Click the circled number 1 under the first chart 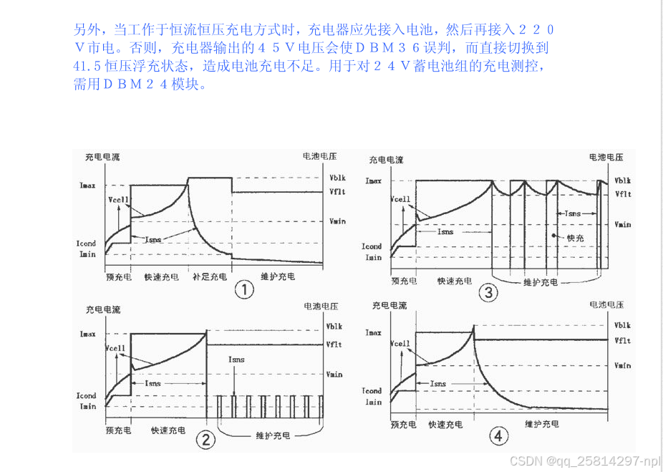[x=245, y=289]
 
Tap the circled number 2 [x=205, y=440]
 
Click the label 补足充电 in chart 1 [x=210, y=276]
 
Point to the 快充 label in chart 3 [x=575, y=237]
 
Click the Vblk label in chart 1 [x=337, y=178]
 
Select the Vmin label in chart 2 [x=334, y=374]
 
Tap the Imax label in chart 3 [x=373, y=181]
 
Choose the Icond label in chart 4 [x=372, y=391]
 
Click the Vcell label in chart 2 [x=115, y=349]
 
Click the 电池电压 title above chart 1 [x=319, y=155]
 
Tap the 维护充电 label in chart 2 [x=274, y=435]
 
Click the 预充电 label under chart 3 [x=404, y=281]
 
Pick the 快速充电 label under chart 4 [x=445, y=425]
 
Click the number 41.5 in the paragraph [x=87, y=67]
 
